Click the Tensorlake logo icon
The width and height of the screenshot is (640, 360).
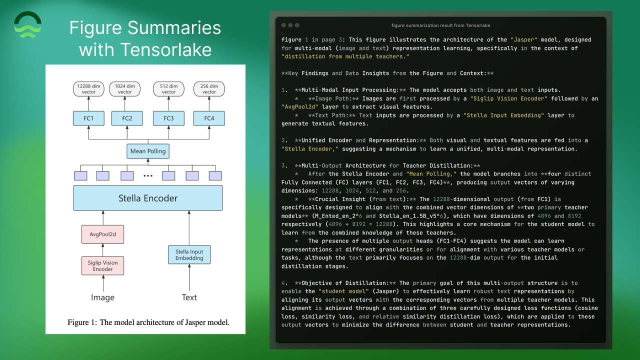28,25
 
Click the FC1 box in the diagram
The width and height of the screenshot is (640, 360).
88,118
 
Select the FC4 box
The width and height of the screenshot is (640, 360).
209,118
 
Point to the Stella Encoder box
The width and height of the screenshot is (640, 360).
147,198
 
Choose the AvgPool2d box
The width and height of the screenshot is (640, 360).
103,233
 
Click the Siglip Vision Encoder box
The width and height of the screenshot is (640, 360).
103,265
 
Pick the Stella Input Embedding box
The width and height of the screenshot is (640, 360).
189,254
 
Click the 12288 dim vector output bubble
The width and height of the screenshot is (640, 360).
88,89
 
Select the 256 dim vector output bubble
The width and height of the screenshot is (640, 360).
209,89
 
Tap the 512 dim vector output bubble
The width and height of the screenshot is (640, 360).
168,89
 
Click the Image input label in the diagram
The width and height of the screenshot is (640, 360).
103,297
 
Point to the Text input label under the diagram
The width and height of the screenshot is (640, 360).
189,297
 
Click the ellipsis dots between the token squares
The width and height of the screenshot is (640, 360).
147,176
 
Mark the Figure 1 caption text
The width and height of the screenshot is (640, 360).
148,322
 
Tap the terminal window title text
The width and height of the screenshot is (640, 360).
441,25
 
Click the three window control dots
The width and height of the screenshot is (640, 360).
290,25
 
